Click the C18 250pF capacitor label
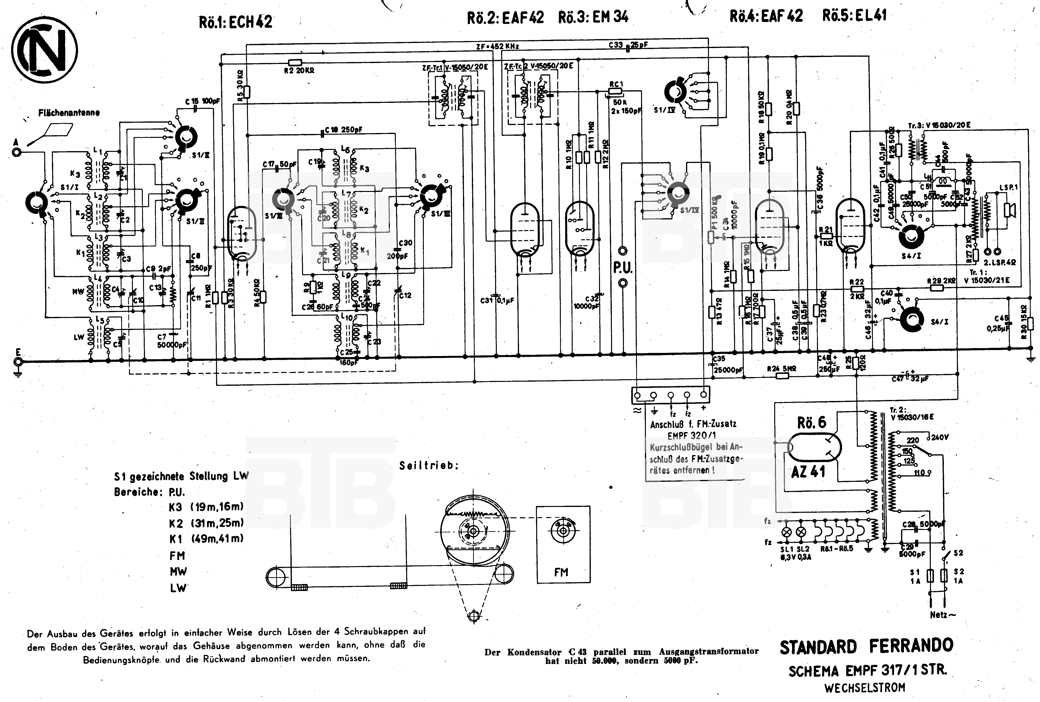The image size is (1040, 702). click(343, 130)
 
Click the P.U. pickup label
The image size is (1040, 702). click(622, 268)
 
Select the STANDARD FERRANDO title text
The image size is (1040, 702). click(866, 646)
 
